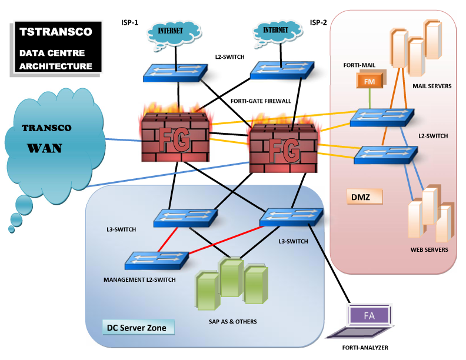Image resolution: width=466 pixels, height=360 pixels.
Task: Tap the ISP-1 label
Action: click(x=130, y=22)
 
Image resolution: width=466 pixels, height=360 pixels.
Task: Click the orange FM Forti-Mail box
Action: click(x=369, y=82)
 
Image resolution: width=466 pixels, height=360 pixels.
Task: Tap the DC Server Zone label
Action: click(x=136, y=327)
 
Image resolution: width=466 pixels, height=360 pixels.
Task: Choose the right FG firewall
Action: click(x=282, y=148)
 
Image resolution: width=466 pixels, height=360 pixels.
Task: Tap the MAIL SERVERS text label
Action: click(x=432, y=86)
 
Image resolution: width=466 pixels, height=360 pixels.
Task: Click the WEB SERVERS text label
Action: click(x=429, y=249)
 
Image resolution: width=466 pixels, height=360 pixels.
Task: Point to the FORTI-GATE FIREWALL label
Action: click(x=261, y=101)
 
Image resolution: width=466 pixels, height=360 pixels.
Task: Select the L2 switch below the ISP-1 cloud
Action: click(x=175, y=72)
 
